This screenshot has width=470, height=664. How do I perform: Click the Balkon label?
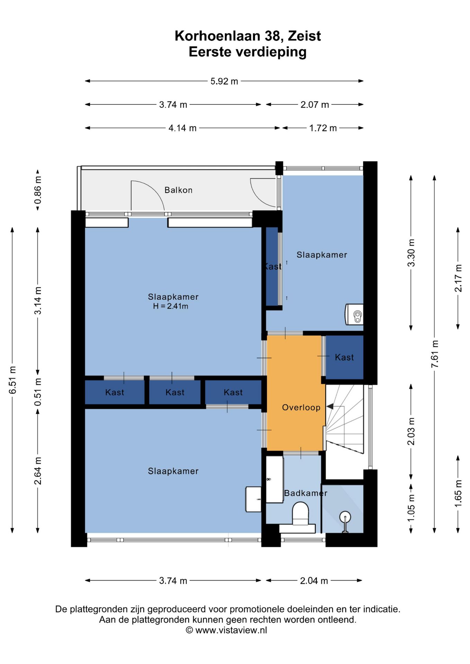tap(178, 190)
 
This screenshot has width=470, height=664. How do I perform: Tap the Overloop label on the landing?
tap(301, 407)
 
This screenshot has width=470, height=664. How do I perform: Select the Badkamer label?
tap(306, 493)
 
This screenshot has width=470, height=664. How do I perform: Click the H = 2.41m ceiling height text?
tap(171, 306)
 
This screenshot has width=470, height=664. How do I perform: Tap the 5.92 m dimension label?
tap(224, 81)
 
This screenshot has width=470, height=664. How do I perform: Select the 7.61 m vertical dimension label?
tap(435, 354)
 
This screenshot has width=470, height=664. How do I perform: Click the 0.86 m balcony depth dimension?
tap(38, 190)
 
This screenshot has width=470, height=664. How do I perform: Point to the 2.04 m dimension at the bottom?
tap(314, 581)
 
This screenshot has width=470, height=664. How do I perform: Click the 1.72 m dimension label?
tap(323, 128)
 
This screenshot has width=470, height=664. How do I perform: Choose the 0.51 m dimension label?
tap(38, 392)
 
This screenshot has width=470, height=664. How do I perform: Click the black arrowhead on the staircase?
tap(330, 406)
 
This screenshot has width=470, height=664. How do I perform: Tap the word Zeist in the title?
tap(304, 36)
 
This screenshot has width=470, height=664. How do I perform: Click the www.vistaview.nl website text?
tap(231, 630)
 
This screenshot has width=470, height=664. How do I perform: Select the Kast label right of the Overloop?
tap(344, 357)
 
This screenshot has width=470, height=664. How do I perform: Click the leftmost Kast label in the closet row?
tap(115, 392)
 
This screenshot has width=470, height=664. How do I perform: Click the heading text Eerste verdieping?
tap(247, 52)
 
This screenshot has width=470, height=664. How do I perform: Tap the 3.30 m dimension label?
tap(411, 253)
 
